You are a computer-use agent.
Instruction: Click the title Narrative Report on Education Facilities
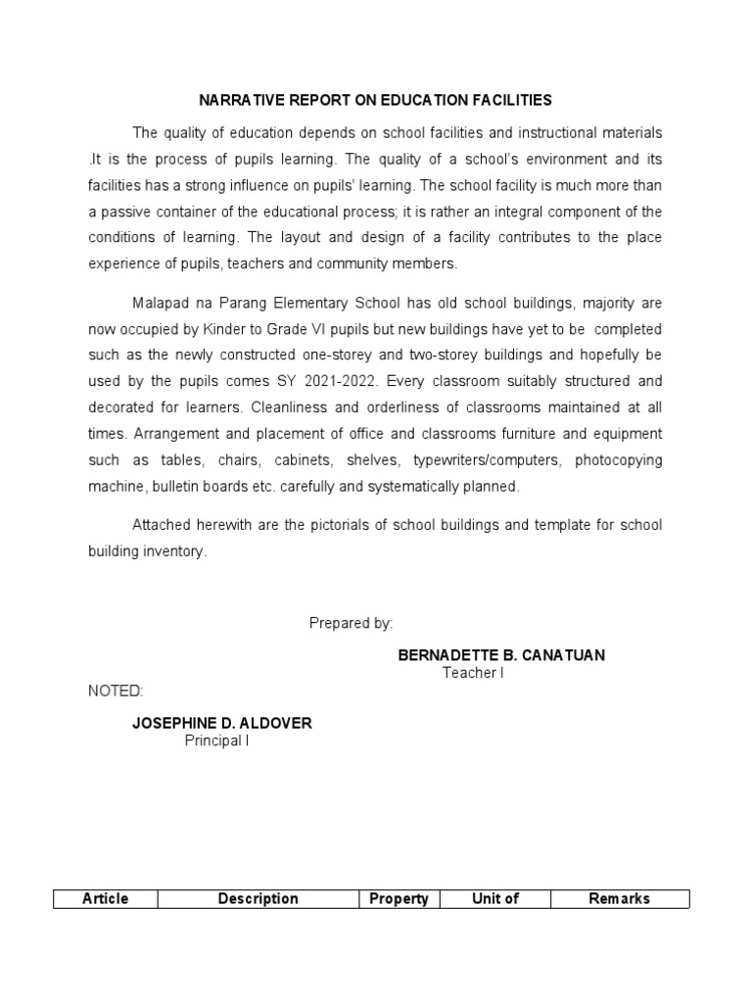376,100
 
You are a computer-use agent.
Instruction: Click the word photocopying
618,460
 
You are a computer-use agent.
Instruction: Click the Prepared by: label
351,623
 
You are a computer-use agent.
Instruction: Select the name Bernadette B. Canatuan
501,655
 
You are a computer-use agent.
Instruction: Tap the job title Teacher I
473,673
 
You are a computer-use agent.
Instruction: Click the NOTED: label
116,692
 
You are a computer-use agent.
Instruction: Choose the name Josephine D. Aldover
222,724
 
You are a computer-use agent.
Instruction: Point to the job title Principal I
217,741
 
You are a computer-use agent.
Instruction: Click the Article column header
106,899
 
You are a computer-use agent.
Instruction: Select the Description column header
258,899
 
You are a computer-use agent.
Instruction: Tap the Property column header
399,899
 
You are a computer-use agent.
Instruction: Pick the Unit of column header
495,899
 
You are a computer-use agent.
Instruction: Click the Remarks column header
619,899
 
